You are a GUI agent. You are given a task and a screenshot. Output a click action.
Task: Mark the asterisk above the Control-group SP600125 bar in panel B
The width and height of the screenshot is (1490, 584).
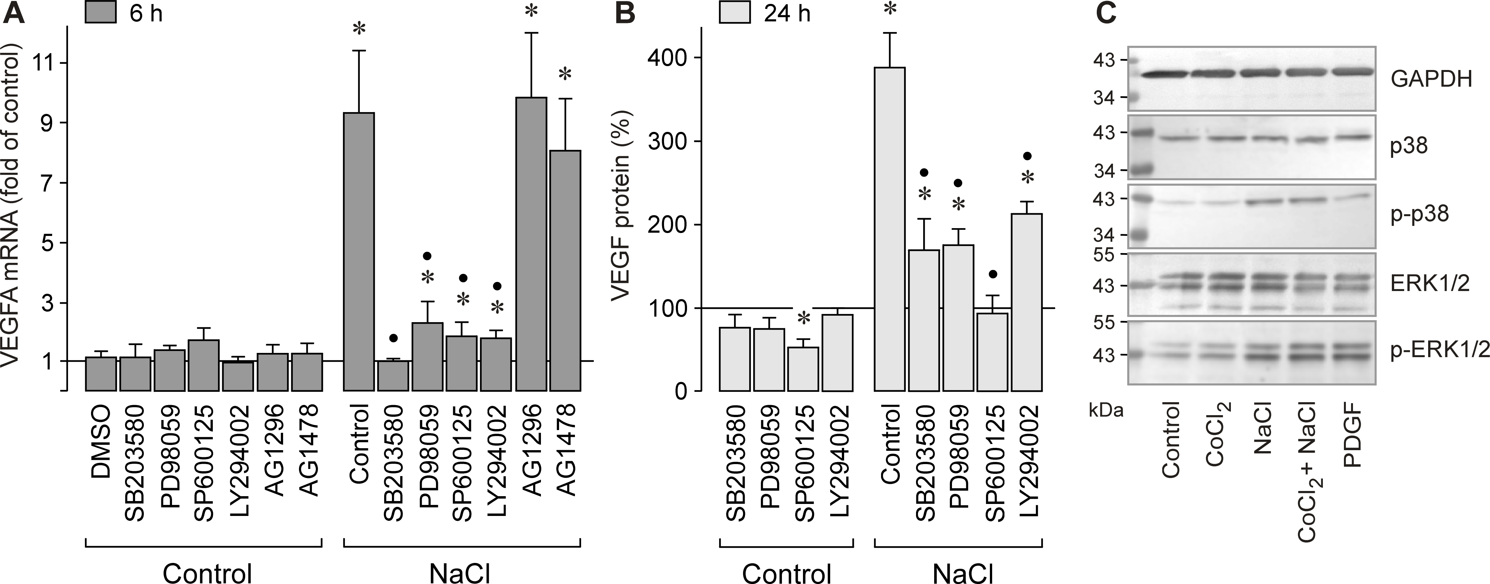tap(803, 318)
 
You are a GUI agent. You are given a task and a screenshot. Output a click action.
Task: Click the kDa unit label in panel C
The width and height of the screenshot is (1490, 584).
tap(1106, 411)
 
